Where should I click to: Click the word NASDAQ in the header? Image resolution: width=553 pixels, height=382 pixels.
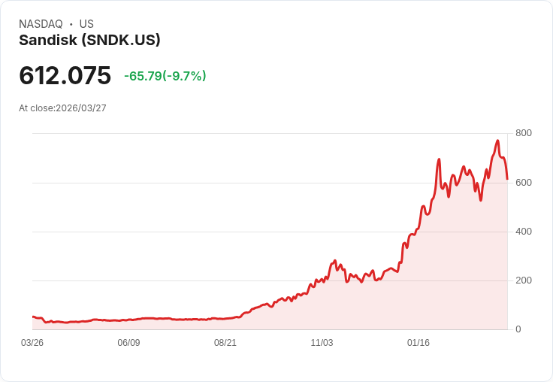tap(41, 24)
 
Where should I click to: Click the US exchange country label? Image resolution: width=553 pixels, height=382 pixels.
tap(86, 24)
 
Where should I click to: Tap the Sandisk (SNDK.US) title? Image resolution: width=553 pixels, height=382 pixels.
tap(89, 41)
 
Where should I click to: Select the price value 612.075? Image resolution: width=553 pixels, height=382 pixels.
tap(65, 75)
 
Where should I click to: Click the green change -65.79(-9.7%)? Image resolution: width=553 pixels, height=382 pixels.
tap(165, 76)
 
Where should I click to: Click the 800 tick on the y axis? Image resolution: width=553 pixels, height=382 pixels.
tap(523, 133)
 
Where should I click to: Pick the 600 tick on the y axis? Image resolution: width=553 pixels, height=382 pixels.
tap(523, 183)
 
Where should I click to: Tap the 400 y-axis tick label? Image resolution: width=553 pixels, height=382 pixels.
tap(523, 232)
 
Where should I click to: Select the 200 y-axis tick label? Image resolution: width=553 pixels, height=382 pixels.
tap(523, 280)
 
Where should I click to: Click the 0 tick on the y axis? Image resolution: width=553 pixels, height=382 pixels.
tap(518, 329)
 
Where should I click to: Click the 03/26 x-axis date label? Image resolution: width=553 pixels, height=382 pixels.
tap(32, 343)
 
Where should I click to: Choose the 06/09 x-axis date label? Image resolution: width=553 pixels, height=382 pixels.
tap(128, 343)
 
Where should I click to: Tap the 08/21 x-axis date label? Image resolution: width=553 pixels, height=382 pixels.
tap(225, 343)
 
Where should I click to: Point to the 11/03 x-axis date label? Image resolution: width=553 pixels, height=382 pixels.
tap(322, 343)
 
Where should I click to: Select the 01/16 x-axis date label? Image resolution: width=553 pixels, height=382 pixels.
tap(419, 343)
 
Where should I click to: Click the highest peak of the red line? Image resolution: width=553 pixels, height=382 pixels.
tap(497, 141)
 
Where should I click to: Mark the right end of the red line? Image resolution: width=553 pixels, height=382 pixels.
tap(507, 179)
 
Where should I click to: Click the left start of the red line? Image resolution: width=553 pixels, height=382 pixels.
tap(33, 317)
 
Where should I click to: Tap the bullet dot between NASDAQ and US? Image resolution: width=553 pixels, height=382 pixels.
tap(71, 24)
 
